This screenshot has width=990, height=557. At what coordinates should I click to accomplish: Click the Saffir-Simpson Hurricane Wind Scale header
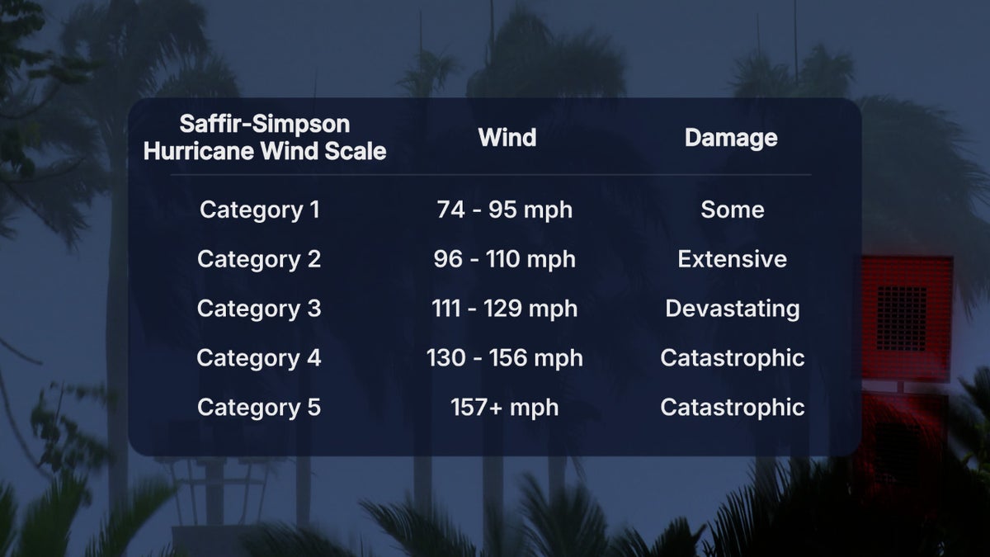click(265, 138)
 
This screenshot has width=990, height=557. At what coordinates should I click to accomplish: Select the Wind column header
click(507, 138)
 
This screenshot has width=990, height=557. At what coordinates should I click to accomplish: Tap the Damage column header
click(731, 138)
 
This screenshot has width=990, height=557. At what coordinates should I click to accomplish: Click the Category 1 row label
click(259, 210)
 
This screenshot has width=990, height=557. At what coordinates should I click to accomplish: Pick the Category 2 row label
click(259, 259)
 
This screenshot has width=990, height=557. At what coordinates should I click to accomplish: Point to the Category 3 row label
click(259, 309)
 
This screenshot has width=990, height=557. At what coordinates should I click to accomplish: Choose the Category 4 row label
click(259, 358)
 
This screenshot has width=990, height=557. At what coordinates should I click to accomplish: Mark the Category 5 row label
click(259, 408)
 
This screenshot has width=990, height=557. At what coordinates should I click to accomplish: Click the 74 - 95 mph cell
click(505, 210)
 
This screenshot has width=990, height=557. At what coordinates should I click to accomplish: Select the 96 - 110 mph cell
click(505, 259)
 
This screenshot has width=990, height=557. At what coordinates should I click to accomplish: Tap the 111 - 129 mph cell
click(505, 309)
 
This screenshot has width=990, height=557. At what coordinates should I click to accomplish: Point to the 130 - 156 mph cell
click(505, 358)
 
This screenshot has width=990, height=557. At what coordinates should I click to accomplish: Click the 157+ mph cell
click(505, 408)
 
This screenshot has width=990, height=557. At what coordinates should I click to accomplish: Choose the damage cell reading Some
click(733, 210)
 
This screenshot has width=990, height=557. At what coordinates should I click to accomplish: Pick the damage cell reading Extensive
click(733, 259)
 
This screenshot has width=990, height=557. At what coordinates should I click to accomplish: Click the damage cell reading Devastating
click(733, 309)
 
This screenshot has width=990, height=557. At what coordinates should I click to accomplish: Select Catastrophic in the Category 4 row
click(733, 358)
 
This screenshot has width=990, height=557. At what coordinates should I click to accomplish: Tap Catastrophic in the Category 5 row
click(733, 408)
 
